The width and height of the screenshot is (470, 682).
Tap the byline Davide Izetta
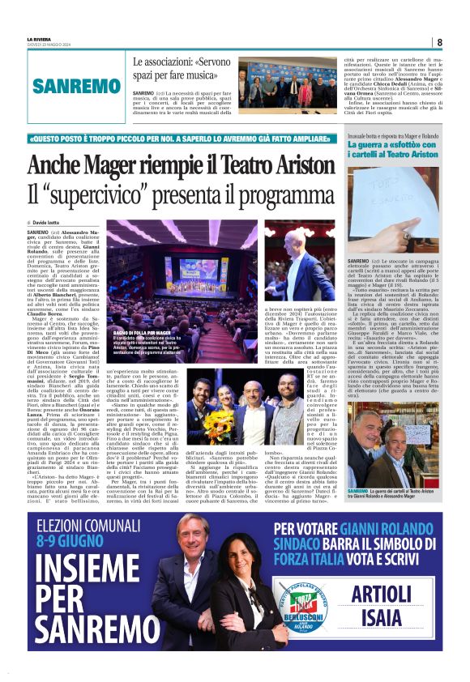(49, 222)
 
